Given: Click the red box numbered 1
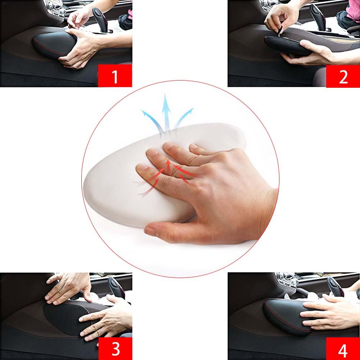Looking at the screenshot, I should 115,76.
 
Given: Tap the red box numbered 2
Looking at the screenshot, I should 343,76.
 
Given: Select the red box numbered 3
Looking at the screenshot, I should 115,348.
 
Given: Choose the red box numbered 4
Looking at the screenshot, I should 343,348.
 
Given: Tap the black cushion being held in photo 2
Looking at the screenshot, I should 284,45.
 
